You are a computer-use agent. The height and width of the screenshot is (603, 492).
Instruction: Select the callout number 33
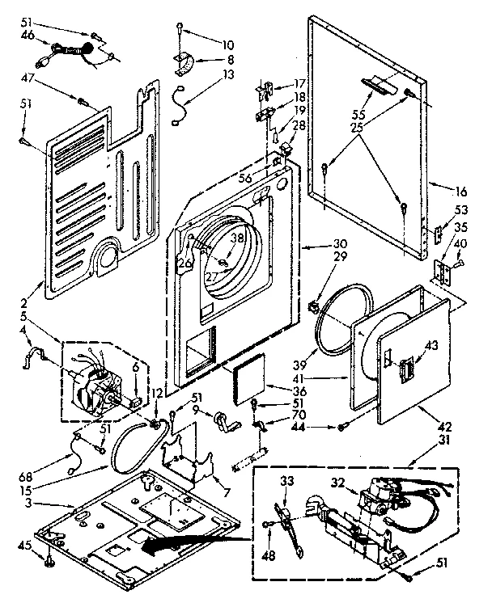(x=286, y=482)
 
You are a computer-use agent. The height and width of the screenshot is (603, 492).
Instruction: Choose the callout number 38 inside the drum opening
(x=237, y=238)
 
